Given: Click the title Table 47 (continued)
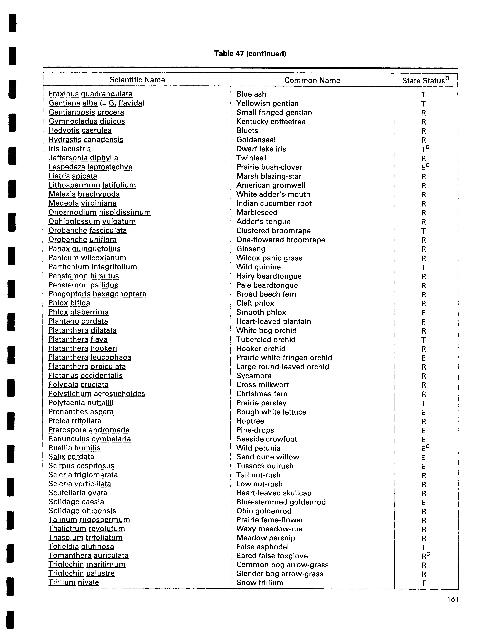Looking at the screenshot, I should [250, 54].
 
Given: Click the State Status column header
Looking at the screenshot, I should [425, 80].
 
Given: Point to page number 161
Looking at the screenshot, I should [453, 599].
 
